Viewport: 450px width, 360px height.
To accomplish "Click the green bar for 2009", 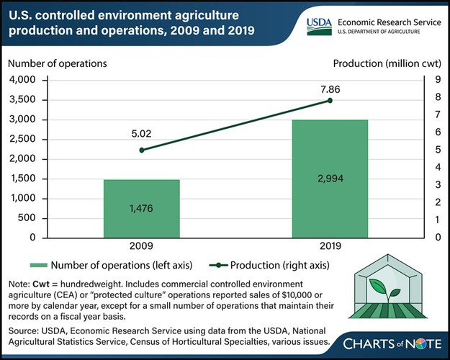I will coord(142,208).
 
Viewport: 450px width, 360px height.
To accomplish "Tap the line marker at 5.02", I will coord(142,150).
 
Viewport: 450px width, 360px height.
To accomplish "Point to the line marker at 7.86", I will coord(330,100).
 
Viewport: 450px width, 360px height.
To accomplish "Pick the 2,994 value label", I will coord(330,178).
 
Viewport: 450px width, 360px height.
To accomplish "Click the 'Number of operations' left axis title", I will coord(58,63).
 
